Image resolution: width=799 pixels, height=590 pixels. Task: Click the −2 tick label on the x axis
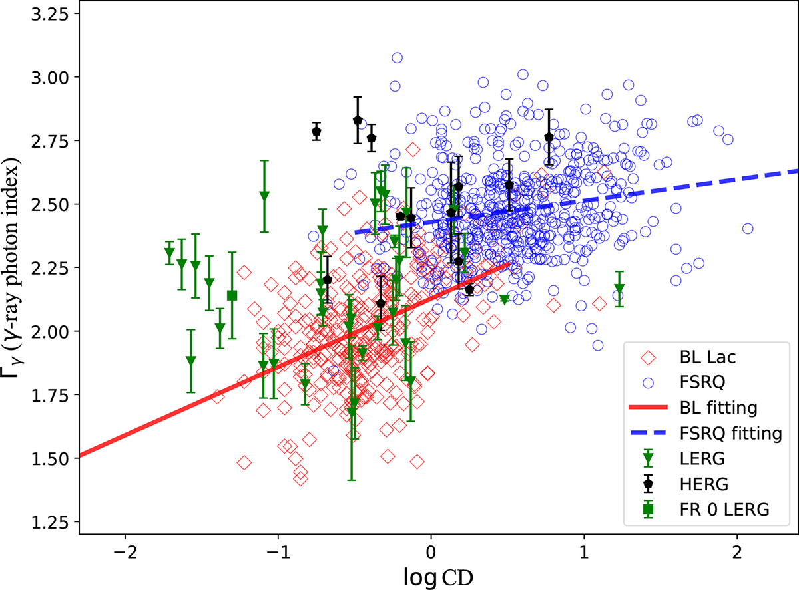pos(125,552)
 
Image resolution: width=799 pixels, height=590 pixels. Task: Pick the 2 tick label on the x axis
pos(736,552)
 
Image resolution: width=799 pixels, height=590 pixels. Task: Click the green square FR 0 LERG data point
pos(232,295)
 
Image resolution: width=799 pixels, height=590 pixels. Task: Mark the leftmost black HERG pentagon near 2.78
pos(316,131)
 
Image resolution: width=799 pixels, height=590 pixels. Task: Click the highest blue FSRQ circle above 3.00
pos(397,58)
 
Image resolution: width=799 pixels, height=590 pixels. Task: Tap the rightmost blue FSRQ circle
pos(748,229)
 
